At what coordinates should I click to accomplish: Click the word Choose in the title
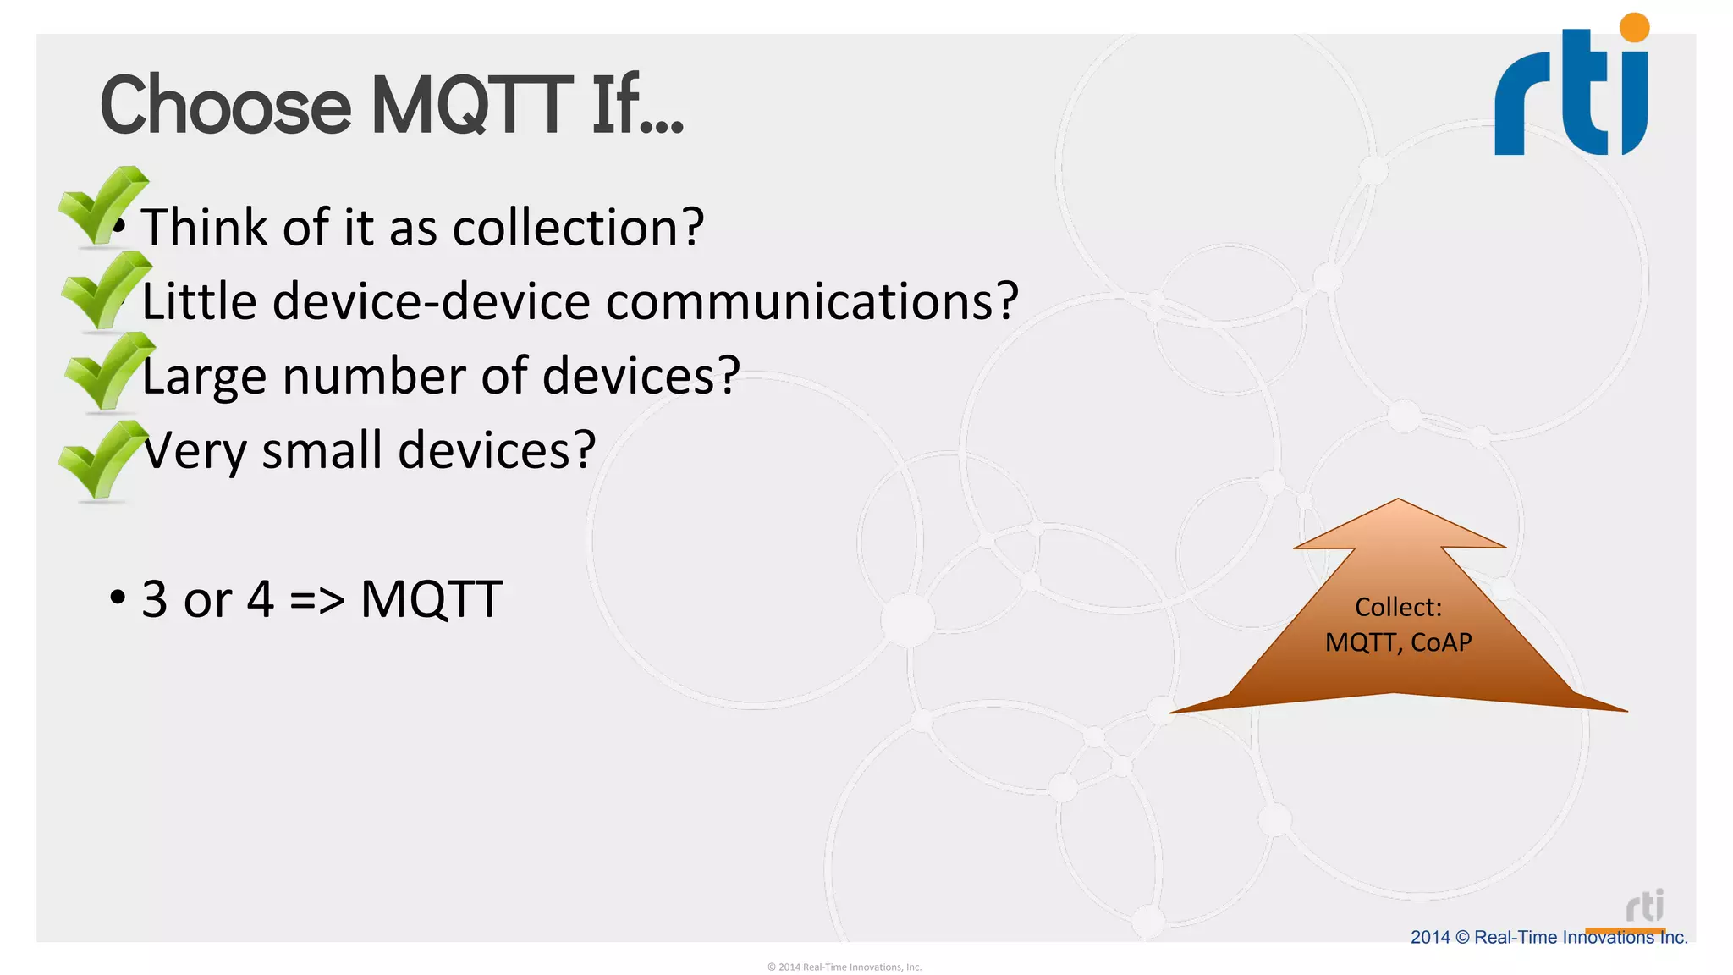tap(225, 106)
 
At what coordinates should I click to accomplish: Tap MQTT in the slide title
tap(472, 106)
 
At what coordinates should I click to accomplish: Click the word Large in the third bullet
tap(204, 377)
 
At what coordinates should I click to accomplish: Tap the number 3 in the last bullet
tap(154, 599)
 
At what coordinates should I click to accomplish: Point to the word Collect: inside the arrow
tap(1398, 607)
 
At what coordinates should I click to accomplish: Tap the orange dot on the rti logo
tap(1634, 27)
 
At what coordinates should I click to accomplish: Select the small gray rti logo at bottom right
tap(1644, 906)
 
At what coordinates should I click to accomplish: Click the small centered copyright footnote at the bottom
tap(844, 967)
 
